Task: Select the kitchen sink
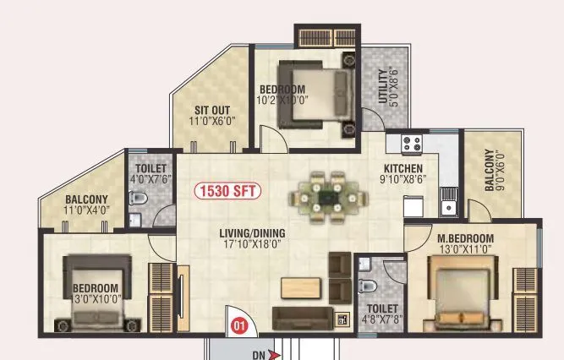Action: click(447, 204)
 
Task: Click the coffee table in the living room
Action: click(300, 287)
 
